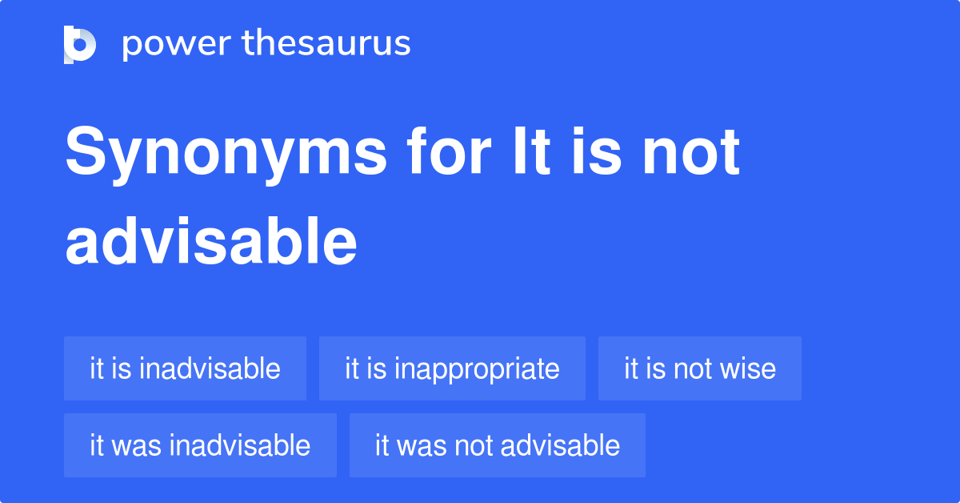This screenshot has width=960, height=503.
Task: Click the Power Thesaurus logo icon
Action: (x=80, y=45)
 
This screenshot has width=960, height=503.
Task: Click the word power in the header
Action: (x=177, y=45)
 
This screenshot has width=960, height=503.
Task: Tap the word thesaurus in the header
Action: (x=326, y=42)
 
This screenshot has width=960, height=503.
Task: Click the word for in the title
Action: (x=449, y=151)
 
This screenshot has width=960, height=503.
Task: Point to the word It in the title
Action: (x=531, y=151)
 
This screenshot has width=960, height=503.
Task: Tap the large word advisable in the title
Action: (x=211, y=241)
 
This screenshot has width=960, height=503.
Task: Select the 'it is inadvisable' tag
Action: (x=185, y=368)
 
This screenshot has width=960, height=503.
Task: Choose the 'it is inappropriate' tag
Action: (x=452, y=368)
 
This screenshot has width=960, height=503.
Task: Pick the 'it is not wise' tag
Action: (x=700, y=368)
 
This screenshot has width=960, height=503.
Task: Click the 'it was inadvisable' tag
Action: (x=200, y=445)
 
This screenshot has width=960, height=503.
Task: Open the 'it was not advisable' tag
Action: (x=497, y=445)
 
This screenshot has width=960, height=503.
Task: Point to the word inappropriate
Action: (x=477, y=370)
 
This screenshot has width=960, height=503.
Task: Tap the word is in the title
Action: (x=596, y=151)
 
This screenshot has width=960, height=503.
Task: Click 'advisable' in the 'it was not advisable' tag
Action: (x=560, y=445)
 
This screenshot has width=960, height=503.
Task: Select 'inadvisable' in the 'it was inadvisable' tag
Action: (x=239, y=445)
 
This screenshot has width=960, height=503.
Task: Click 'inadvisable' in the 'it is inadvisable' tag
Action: (x=210, y=368)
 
